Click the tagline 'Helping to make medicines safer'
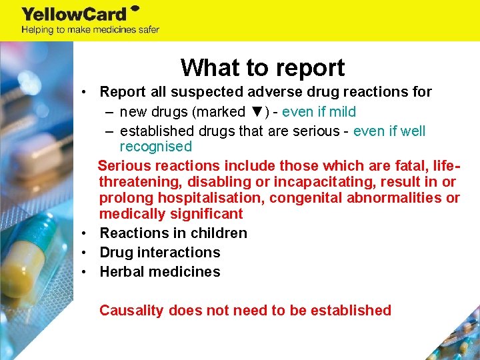(90, 30)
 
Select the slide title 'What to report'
(263, 67)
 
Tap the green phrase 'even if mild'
(319, 112)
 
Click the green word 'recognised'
(155, 147)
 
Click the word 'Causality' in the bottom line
(131, 311)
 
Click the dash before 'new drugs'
(108, 112)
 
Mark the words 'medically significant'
(171, 214)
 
